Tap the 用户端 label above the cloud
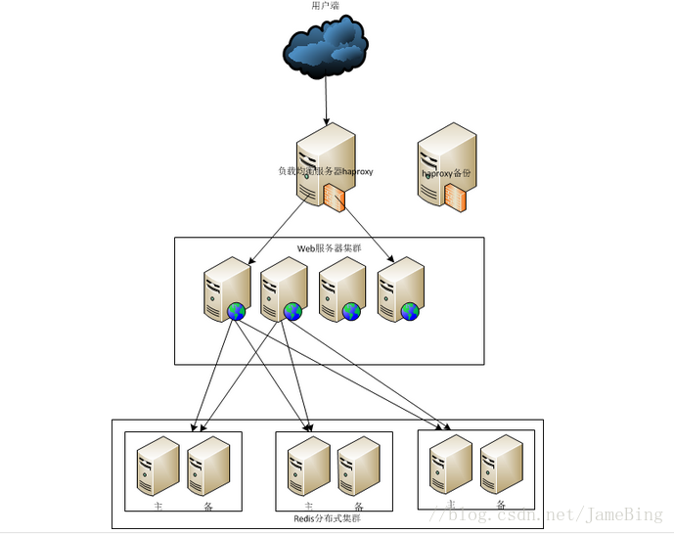click(326, 6)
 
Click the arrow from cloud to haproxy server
click(327, 103)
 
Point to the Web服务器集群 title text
click(329, 248)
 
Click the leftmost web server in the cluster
click(223, 288)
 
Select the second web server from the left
click(282, 288)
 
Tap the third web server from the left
click(339, 288)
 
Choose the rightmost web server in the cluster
click(398, 288)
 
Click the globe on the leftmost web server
click(236, 312)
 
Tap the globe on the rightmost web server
click(410, 312)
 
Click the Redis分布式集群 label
click(327, 517)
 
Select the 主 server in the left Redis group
click(157, 467)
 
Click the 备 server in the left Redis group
click(207, 467)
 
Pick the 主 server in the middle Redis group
click(309, 467)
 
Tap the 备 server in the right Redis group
click(500, 464)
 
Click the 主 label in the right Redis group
click(451, 504)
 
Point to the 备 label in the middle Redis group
click(358, 507)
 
